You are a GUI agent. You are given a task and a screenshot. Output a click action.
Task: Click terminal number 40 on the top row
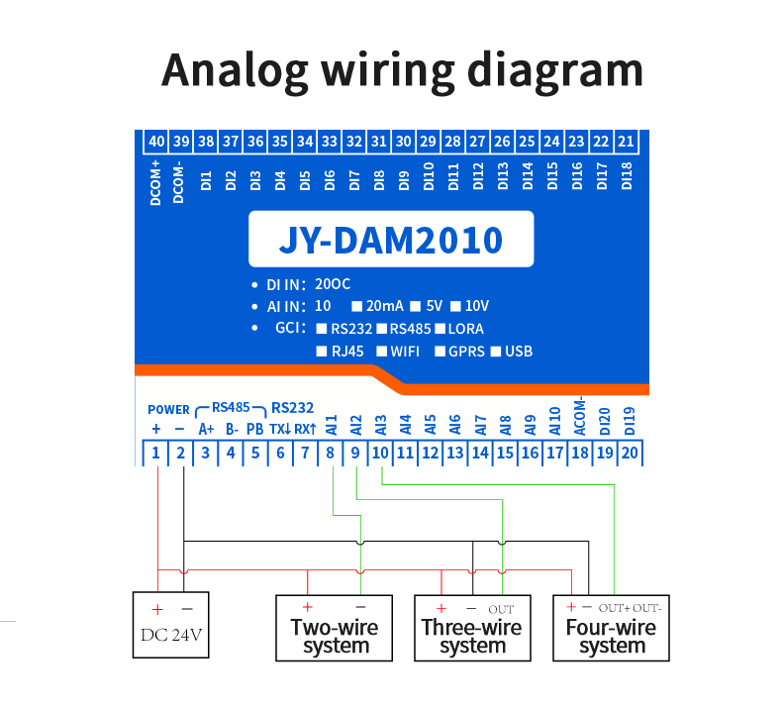[156, 142]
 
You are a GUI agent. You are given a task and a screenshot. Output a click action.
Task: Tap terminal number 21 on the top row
[626, 142]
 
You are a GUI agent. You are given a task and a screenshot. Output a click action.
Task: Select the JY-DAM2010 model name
[390, 240]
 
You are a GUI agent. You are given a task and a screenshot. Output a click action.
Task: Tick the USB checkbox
[496, 352]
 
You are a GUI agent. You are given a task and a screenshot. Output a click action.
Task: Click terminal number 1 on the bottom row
[156, 453]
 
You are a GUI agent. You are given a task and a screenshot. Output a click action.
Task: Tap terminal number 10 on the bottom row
[381, 453]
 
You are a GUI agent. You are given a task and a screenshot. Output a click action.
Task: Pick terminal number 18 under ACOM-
[580, 453]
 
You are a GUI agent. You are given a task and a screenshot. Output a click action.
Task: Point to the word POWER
[168, 410]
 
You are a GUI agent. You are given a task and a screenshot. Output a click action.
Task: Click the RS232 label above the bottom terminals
[292, 407]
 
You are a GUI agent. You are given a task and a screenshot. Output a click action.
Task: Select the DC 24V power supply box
[172, 625]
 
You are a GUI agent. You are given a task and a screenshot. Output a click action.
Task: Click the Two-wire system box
[336, 627]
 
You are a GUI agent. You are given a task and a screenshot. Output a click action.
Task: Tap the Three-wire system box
[472, 627]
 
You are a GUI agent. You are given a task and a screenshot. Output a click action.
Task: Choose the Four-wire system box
[611, 627]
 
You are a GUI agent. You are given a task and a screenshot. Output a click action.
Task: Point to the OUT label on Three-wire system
[501, 609]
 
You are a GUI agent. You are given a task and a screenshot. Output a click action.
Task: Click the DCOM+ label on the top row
[156, 183]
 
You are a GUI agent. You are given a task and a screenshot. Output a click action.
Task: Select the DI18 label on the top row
[626, 178]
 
